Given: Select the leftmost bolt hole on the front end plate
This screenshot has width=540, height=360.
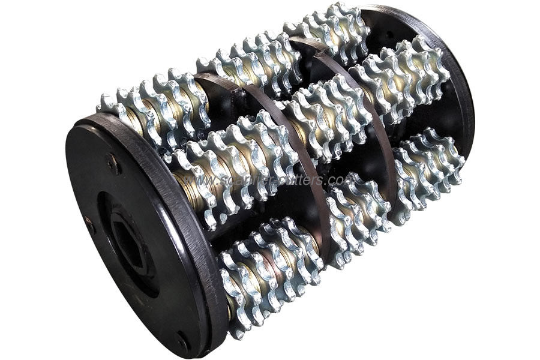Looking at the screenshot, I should [88, 226].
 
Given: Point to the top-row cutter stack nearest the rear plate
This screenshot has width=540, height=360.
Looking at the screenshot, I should [327, 30].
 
